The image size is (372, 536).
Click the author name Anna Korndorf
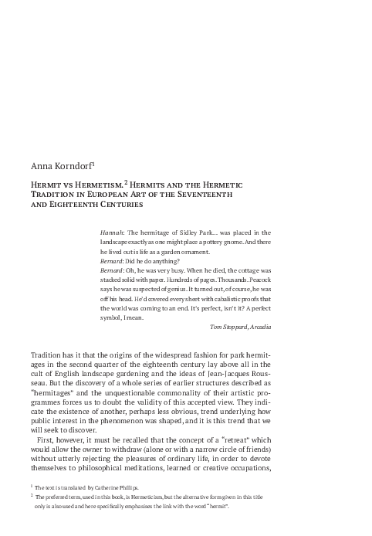pos(57,165)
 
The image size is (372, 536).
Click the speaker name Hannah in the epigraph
pos(112,231)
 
